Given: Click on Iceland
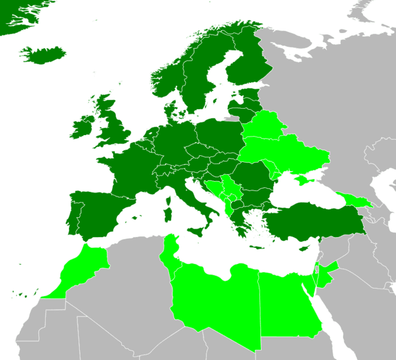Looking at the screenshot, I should click(x=43, y=56).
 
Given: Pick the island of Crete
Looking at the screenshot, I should click(x=257, y=247).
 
